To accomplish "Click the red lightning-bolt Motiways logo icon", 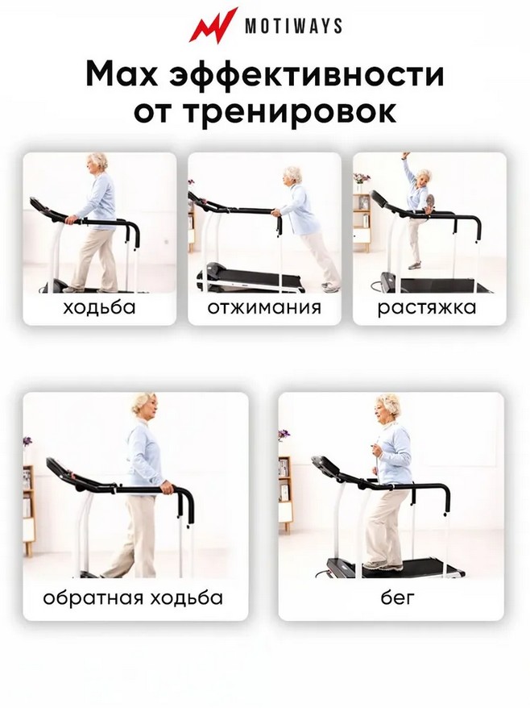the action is [213, 25].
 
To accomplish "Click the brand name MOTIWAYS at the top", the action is [293, 26].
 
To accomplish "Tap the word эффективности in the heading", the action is [306, 75].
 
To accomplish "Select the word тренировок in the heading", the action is [288, 112].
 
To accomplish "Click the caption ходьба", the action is [99, 307].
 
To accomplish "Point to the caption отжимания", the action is [264, 308].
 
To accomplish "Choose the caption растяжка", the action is [427, 308].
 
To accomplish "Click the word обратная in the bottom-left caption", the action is [93, 598].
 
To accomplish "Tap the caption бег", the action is [397, 598].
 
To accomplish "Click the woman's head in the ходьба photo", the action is [98, 164].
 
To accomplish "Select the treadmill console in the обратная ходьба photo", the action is [61, 469].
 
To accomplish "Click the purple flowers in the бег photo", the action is [284, 435].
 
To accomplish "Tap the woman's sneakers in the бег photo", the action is [382, 564].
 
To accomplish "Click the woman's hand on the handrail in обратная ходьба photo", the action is [167, 487].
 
